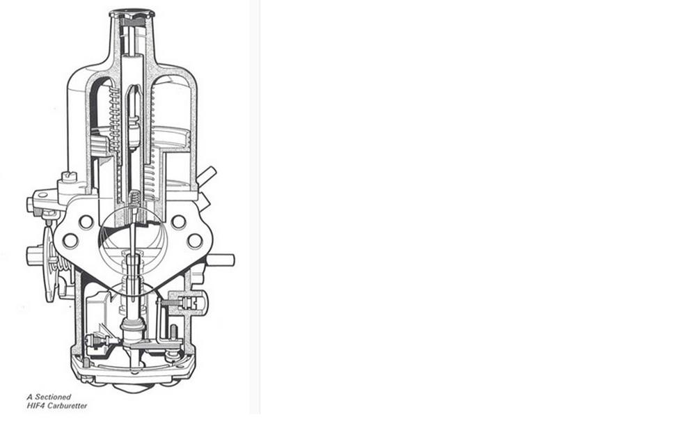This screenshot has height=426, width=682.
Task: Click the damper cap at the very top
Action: (132, 13)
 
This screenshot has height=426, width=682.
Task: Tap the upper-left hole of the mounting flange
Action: (86, 222)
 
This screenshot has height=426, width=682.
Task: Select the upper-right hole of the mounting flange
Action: (178, 222)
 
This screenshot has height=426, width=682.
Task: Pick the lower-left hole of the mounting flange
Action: (70, 241)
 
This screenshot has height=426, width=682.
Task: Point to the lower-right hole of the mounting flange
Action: (194, 241)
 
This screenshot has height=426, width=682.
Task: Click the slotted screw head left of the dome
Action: (69, 177)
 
